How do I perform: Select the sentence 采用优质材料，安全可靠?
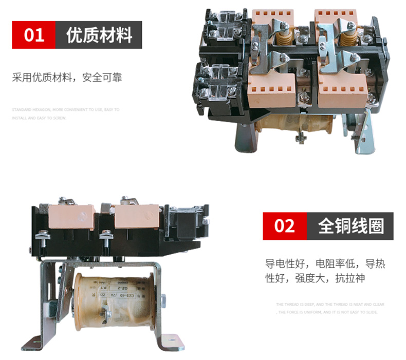pos(67,79)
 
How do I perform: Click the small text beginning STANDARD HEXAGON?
pos(65,110)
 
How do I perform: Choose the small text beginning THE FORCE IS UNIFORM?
pos(328,312)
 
